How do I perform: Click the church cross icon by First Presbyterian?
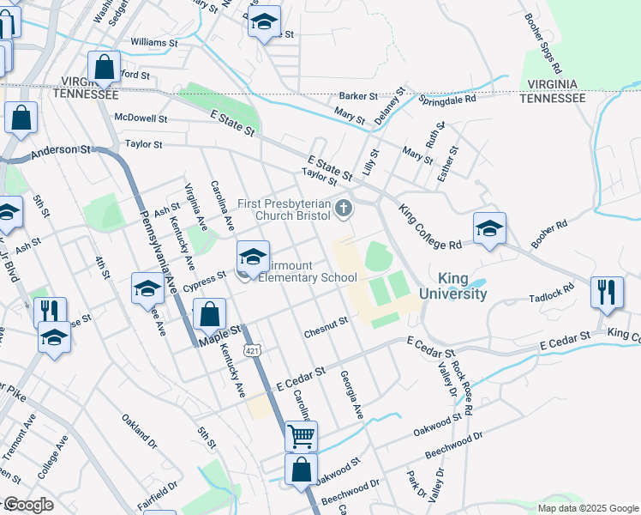pos(344,207)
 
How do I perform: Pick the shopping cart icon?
pos(301,436)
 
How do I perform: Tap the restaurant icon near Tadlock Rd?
pos(607,291)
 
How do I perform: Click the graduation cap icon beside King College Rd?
pos(489,228)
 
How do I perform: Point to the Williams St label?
pos(154,41)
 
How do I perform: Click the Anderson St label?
pos(61,154)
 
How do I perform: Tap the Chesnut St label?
pos(326,323)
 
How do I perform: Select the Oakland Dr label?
pos(140,422)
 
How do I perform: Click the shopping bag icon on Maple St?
pos(210,315)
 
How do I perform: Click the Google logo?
pos(28,505)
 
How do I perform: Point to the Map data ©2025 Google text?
pos(587,508)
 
